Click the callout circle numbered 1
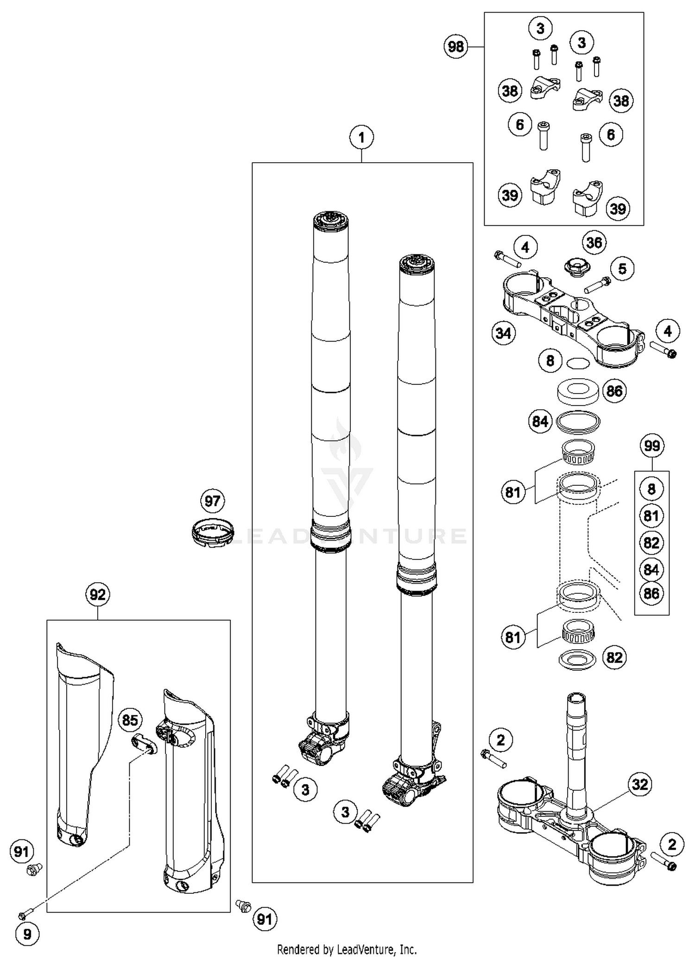361,138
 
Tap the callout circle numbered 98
456,47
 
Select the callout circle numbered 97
213,501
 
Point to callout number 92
98,594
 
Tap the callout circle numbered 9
27,935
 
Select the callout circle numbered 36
594,242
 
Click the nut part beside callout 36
576,268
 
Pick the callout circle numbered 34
504,333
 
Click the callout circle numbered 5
622,268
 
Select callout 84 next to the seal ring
540,422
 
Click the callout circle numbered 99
652,446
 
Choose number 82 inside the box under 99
651,542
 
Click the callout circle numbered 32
640,784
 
